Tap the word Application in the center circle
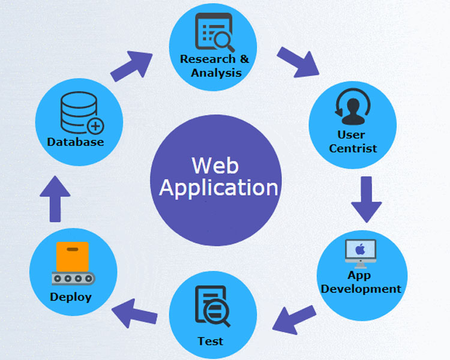[218, 188]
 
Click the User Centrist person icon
[352, 107]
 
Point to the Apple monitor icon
[361, 253]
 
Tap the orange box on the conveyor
[72, 257]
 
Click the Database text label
[76, 142]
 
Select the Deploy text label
[71, 297]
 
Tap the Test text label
[211, 341]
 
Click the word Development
[361, 289]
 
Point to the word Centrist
[353, 148]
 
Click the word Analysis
[216, 73]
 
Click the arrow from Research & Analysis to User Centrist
[298, 61]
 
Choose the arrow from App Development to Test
[294, 318]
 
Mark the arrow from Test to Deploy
[136, 312]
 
